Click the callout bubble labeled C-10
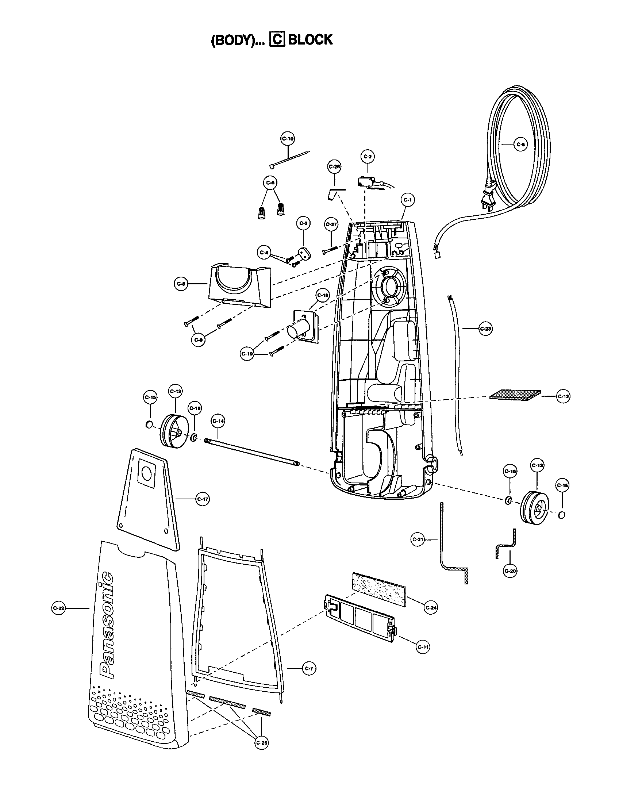point(288,139)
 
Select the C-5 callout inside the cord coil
point(520,145)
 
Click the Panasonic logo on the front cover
point(106,625)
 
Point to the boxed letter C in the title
point(277,39)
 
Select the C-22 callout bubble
point(59,608)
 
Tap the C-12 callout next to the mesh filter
point(563,396)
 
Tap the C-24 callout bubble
point(431,608)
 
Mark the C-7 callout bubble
point(309,669)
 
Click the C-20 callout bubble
point(511,571)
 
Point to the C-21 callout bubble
point(417,539)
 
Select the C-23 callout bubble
point(485,329)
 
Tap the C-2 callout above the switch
point(367,156)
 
